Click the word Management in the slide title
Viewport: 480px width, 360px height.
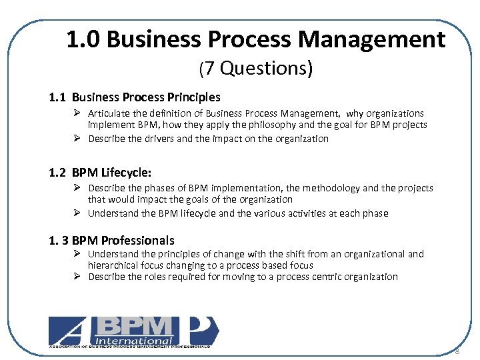tap(371, 40)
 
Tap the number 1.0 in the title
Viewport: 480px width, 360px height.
tap(83, 40)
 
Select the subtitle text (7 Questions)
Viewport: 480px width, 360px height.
tap(255, 68)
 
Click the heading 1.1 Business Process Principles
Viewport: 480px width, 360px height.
tap(135, 97)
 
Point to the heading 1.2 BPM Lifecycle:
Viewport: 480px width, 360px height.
tap(105, 173)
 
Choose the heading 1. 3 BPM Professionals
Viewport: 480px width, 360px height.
tap(112, 240)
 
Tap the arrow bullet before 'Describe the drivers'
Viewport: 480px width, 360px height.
tap(77, 139)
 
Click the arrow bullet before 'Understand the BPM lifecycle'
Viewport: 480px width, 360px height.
tap(77, 213)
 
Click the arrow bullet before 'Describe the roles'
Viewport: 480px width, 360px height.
tap(77, 277)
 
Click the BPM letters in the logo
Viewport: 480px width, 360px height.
tap(138, 325)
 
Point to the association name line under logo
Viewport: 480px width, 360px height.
tap(129, 347)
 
